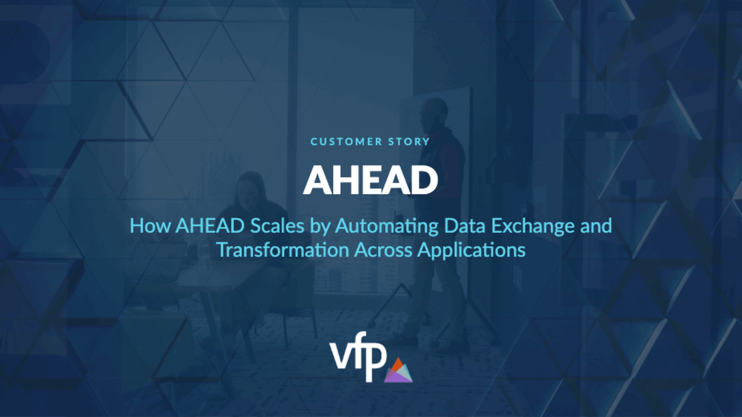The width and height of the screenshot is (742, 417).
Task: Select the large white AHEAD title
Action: point(370,180)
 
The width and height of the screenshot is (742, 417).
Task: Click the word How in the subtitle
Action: point(150,226)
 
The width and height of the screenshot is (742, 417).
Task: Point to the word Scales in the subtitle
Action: point(277,226)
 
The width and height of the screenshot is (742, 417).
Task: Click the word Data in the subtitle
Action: point(465,226)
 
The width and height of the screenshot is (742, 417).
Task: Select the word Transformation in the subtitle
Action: point(283,250)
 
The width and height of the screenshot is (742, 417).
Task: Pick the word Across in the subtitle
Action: point(383,250)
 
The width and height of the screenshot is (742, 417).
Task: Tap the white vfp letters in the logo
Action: point(358,356)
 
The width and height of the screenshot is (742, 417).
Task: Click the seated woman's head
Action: point(250,189)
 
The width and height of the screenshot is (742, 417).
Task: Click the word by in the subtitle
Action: point(319,227)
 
